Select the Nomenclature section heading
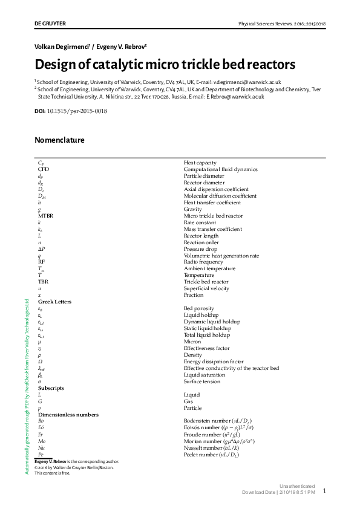[x=59, y=140]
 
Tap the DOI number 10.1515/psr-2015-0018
[x=77, y=111]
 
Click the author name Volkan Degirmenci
[x=63, y=47]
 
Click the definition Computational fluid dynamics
[x=220, y=169]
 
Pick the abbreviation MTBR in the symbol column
[x=47, y=216]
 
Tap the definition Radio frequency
[x=204, y=262]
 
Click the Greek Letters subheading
[x=54, y=302]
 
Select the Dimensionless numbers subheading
[x=68, y=415]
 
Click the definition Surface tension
[x=202, y=381]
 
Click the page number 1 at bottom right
[x=324, y=491]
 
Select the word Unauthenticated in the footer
[x=297, y=486]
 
